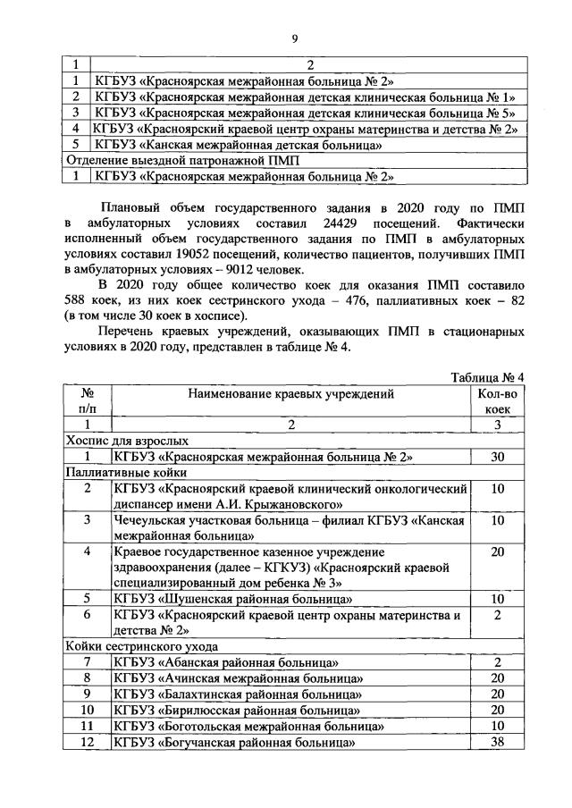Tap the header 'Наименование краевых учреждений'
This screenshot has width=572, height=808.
pyautogui.click(x=290, y=392)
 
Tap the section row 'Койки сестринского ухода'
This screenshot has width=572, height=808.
pyautogui.click(x=140, y=645)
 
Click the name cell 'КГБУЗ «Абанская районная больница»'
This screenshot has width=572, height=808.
pyautogui.click(x=225, y=662)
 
